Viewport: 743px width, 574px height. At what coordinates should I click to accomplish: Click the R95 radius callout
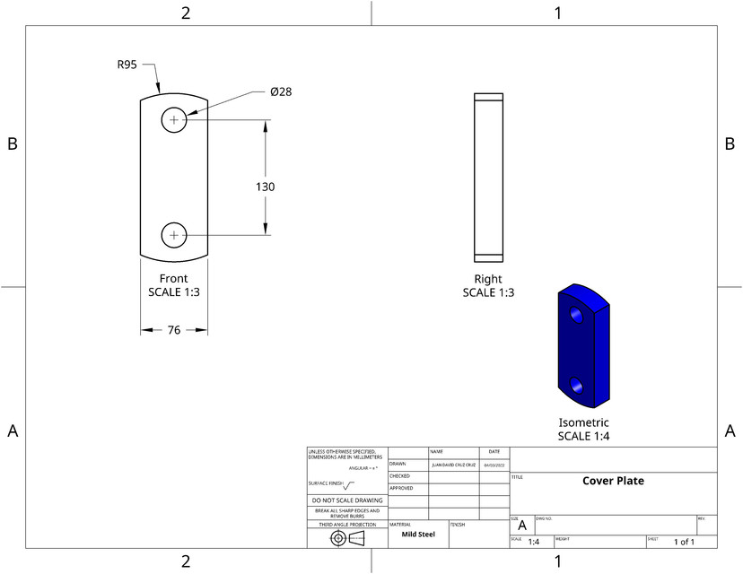127,65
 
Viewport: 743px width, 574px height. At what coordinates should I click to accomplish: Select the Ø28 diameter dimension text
281,91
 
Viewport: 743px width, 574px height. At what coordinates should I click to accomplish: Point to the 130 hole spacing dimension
266,187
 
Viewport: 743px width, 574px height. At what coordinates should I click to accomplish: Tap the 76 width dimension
174,330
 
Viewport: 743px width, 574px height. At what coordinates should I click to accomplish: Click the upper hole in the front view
174,119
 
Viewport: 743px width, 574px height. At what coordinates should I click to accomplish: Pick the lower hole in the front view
174,236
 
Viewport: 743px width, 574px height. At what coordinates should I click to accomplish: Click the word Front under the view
174,278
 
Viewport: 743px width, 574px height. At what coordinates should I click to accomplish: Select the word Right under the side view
488,279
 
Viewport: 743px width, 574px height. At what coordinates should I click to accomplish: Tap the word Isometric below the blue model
583,422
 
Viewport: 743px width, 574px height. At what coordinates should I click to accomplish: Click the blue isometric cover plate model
583,346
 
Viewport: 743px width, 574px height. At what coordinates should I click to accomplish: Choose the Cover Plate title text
613,481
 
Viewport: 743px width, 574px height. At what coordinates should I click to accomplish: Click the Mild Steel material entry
417,534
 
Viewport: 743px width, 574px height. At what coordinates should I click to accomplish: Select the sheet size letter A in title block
522,526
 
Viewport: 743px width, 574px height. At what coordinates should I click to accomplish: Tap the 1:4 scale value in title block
533,542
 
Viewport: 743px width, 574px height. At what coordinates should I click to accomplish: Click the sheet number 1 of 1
684,542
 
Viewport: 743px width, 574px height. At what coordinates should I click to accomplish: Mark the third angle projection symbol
346,537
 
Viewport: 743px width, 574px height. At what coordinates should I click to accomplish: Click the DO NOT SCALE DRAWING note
346,500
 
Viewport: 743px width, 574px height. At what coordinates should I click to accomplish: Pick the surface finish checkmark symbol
349,484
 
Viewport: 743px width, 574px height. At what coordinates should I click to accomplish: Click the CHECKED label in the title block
399,476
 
